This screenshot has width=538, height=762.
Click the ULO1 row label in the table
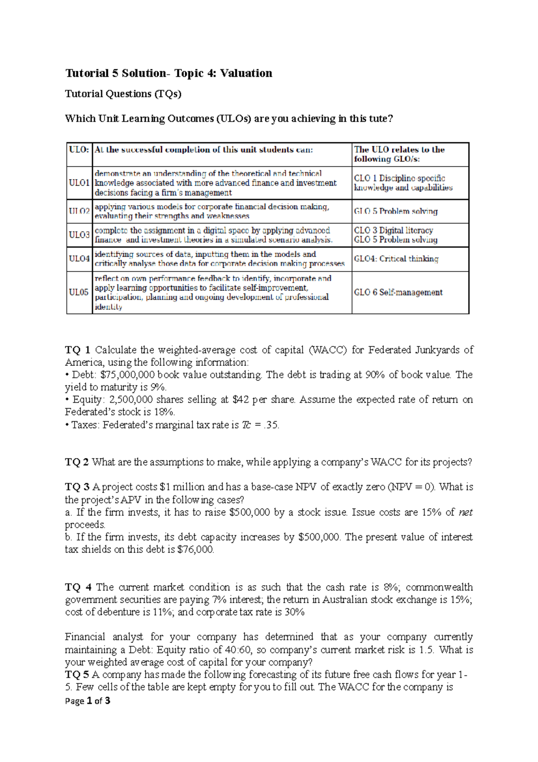coord(79,183)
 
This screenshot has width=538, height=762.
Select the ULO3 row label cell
coord(79,235)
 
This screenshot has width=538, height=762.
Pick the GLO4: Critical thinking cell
coord(396,259)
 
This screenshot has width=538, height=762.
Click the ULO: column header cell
coord(79,150)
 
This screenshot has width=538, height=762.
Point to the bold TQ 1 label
coord(78,350)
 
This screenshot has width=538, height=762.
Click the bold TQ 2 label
coord(77,462)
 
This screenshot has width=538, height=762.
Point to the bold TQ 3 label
coord(77,487)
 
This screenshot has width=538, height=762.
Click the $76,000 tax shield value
coord(195,549)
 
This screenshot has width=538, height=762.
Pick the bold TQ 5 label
coord(77,674)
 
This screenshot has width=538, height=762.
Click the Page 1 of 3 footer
coord(88,701)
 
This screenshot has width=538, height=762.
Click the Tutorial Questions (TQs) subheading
coord(123,94)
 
